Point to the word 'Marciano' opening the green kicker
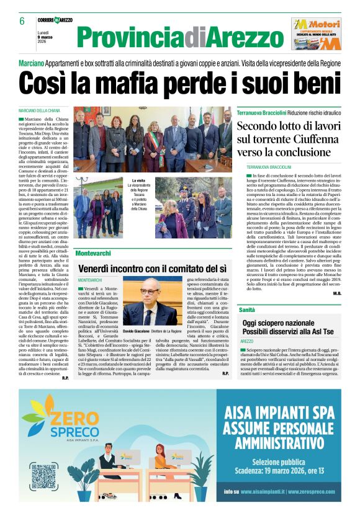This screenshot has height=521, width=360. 30,64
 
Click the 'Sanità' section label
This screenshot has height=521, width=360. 247,309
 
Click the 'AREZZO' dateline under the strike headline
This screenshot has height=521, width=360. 246,342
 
